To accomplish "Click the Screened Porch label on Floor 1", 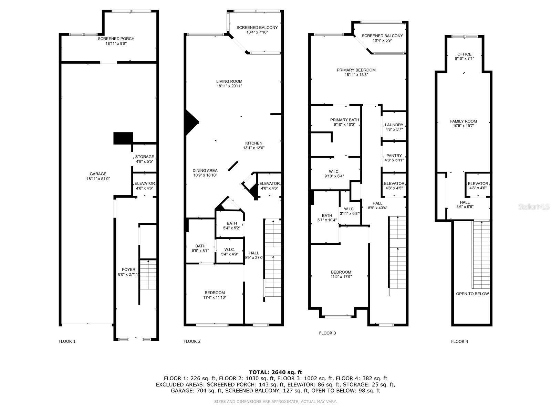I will [116, 39].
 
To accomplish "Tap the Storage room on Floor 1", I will [145, 159].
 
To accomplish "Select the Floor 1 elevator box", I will [145, 186].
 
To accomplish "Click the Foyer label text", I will [128, 269].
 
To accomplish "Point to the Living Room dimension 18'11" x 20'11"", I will [229, 86].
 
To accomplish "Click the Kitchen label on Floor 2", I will [254, 143].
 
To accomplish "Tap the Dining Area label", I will [205, 170].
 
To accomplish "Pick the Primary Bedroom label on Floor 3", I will [356, 70].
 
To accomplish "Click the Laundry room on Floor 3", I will [394, 127].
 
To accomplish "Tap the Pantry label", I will [394, 156].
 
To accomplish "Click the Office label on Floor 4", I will [464, 54].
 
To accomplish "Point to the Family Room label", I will [463, 121].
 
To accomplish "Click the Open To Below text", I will [472, 294].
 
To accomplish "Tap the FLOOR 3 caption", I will [327, 333].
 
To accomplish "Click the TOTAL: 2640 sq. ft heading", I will [275, 372].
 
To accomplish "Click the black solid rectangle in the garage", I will [123, 138].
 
